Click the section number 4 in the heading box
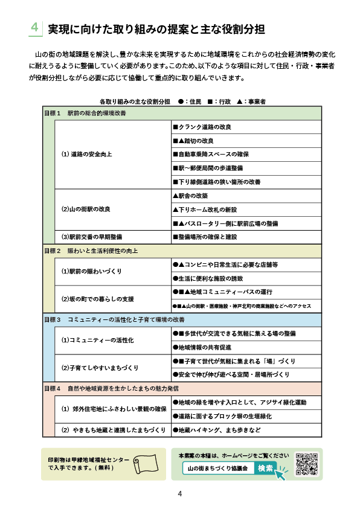(x=36, y=28)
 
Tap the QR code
(x=307, y=464)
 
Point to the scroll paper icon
(x=144, y=464)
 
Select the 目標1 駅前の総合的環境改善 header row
(x=182, y=113)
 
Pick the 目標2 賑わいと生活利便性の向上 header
(x=182, y=250)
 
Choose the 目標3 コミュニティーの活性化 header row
(x=182, y=319)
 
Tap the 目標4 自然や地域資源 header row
(x=182, y=388)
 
